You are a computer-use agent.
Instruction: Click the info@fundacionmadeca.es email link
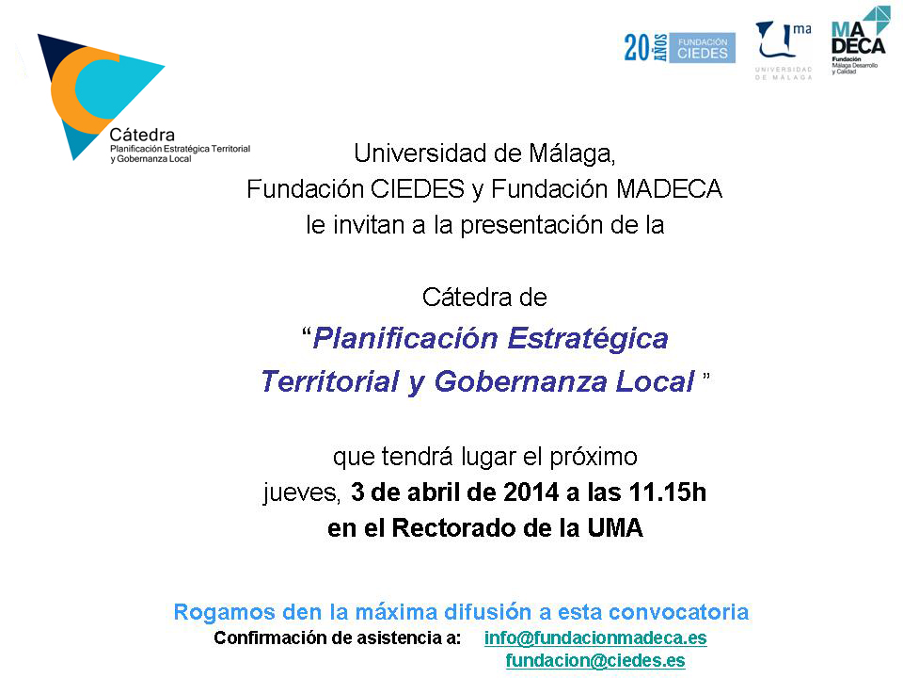[x=595, y=638]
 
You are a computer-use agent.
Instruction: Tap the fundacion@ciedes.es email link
[x=595, y=661]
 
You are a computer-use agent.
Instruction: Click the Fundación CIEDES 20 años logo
[x=679, y=47]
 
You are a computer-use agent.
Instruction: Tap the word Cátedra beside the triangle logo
[x=142, y=135]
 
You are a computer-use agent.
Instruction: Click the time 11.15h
[x=668, y=492]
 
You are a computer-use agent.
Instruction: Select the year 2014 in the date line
[x=531, y=492]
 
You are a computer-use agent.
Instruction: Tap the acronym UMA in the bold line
[x=615, y=528]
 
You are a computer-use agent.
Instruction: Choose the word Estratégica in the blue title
[x=588, y=339]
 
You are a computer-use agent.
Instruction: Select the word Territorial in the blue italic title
[x=330, y=381]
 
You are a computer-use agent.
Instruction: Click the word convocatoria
[x=678, y=612]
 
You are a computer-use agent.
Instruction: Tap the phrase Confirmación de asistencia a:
[x=338, y=638]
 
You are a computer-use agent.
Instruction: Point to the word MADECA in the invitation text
[x=669, y=189]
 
